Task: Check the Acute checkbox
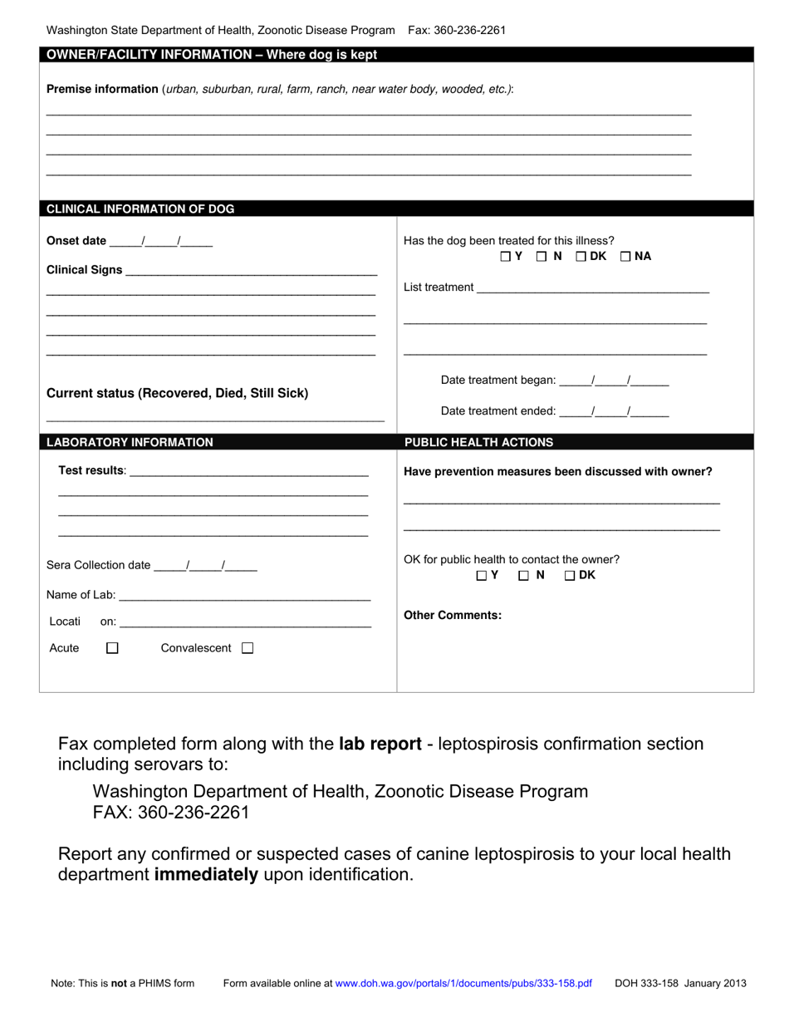[x=113, y=648]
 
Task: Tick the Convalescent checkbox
[x=247, y=648]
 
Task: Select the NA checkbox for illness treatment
[x=625, y=257]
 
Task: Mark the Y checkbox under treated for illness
[x=506, y=257]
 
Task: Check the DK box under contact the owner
[x=570, y=575]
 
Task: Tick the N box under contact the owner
[x=524, y=575]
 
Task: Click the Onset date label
[x=76, y=241]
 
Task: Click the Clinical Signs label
[x=85, y=270]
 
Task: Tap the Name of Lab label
[x=81, y=595]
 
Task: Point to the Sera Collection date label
[x=99, y=565]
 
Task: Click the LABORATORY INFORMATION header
[x=130, y=442]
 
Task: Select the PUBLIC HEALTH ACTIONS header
[x=478, y=442]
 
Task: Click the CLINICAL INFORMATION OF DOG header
[x=140, y=209]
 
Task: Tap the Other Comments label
[x=453, y=616]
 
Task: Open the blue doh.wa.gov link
[x=463, y=983]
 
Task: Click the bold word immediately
[x=206, y=875]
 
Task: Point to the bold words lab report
[x=380, y=744]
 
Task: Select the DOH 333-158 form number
[x=647, y=983]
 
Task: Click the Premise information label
[x=102, y=89]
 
